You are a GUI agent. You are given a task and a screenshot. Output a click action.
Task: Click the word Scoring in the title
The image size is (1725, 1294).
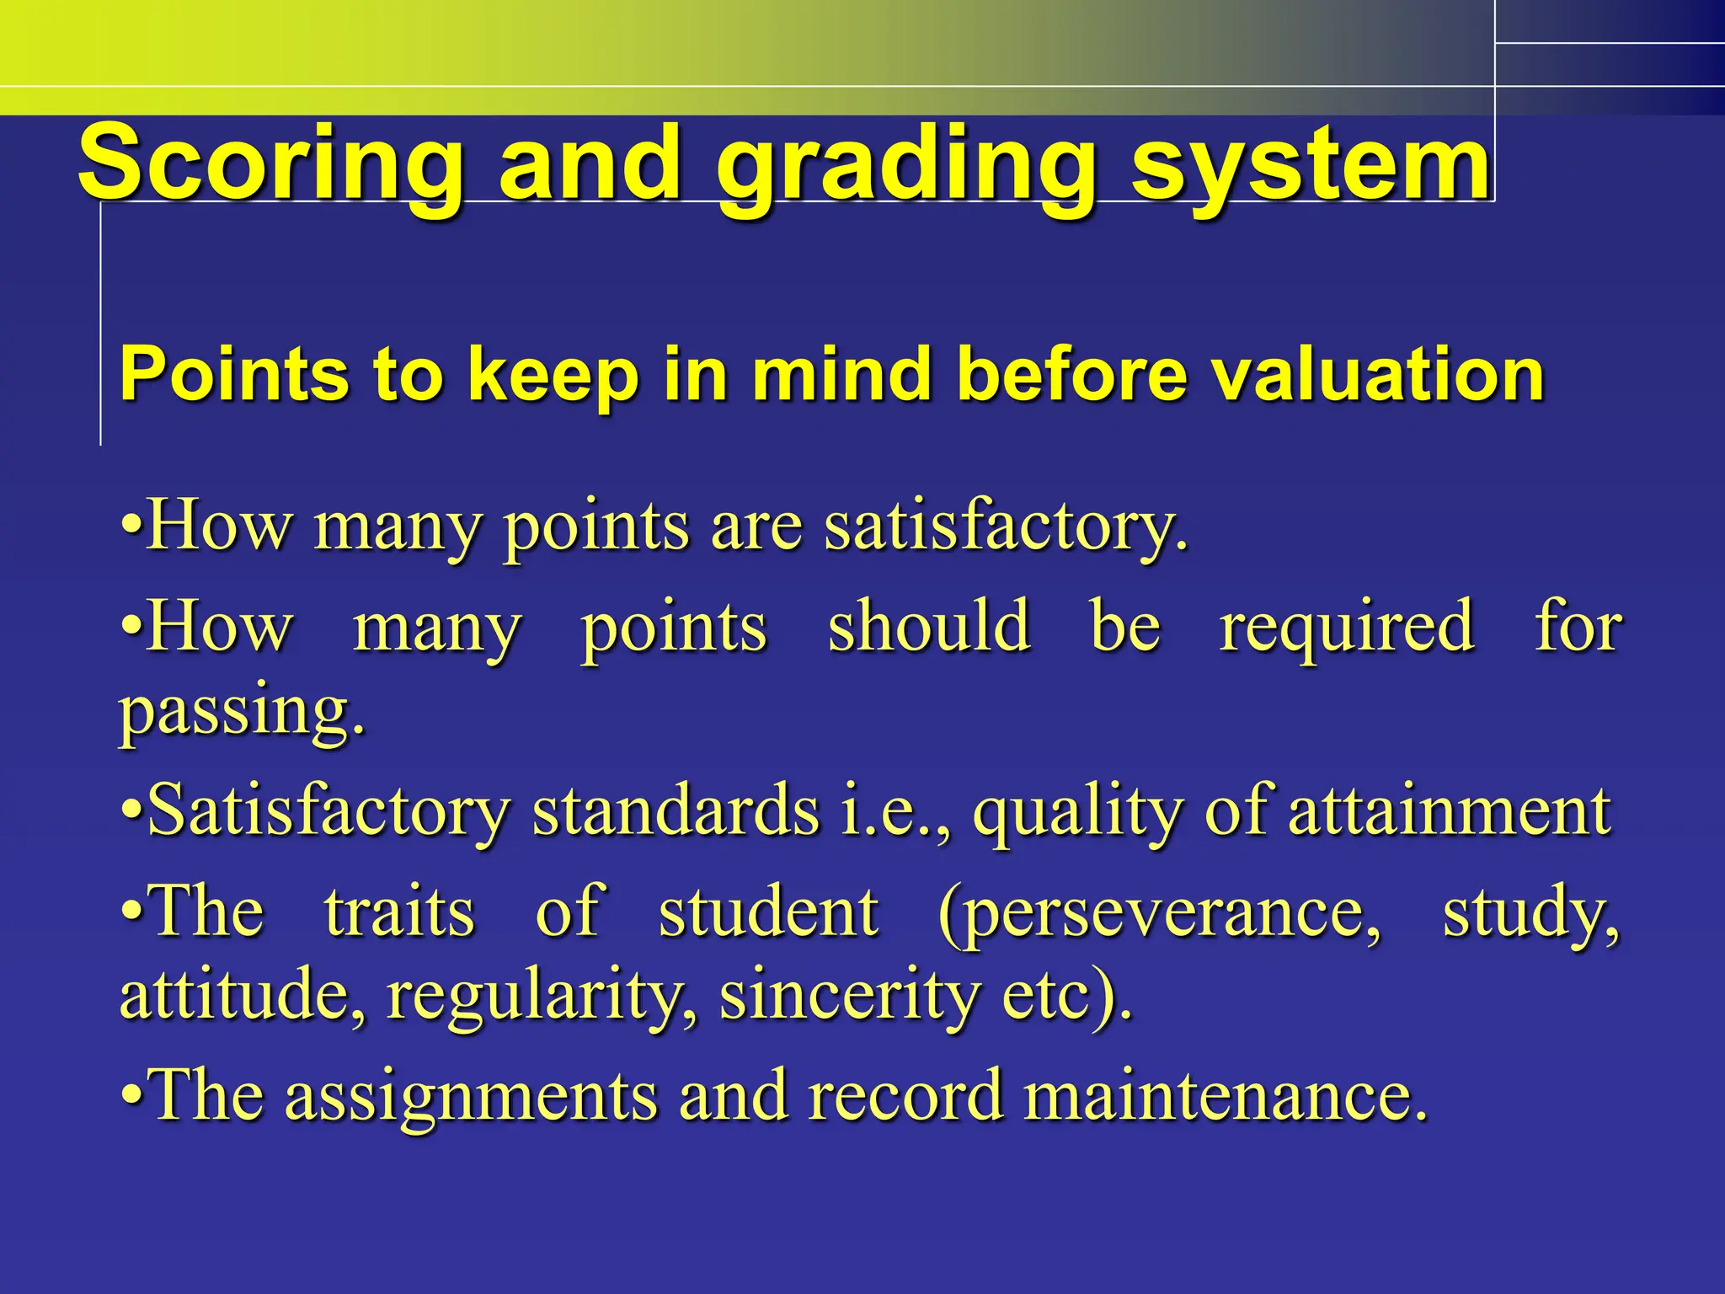(270, 164)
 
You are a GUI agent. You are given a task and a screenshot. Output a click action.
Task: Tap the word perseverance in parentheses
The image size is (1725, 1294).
(1159, 914)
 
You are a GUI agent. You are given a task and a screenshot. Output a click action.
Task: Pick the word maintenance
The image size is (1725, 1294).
(1226, 1096)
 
